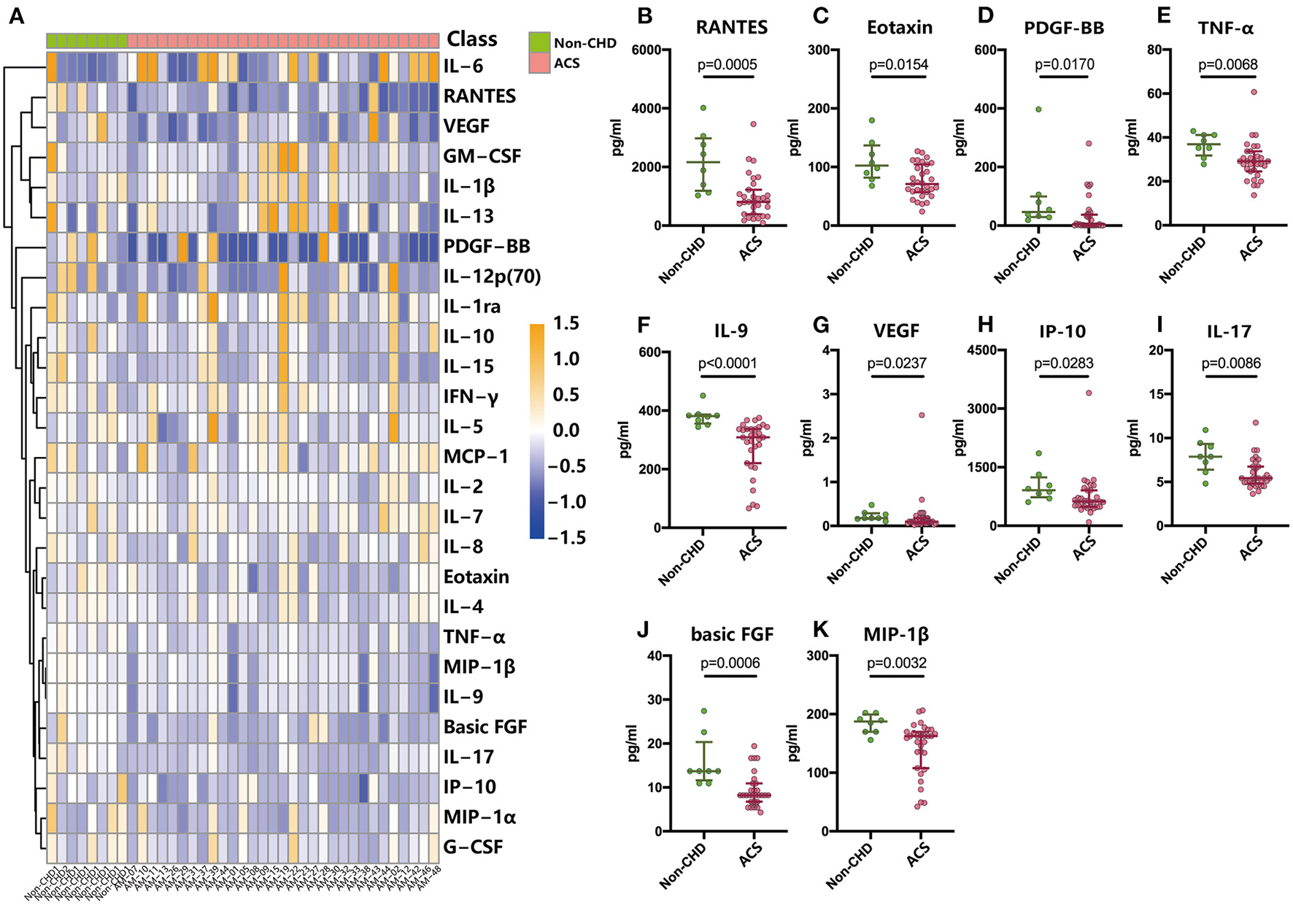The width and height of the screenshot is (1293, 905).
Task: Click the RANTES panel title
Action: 732,28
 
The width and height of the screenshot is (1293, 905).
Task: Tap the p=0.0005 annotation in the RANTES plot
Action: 727,64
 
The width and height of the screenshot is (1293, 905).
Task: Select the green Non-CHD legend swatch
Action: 539,42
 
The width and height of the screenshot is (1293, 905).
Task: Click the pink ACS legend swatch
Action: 539,63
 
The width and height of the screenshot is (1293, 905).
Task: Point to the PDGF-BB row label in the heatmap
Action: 487,246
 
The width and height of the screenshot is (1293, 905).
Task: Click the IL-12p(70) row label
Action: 492,276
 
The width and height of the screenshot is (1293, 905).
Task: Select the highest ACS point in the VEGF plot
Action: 922,415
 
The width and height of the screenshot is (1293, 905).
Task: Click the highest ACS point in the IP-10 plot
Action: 1088,393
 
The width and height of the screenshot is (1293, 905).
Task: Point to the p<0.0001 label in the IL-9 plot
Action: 727,363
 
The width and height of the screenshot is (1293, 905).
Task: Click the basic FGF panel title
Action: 732,634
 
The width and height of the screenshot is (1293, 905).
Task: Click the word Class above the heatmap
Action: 471,39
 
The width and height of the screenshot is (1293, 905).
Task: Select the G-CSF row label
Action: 473,847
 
